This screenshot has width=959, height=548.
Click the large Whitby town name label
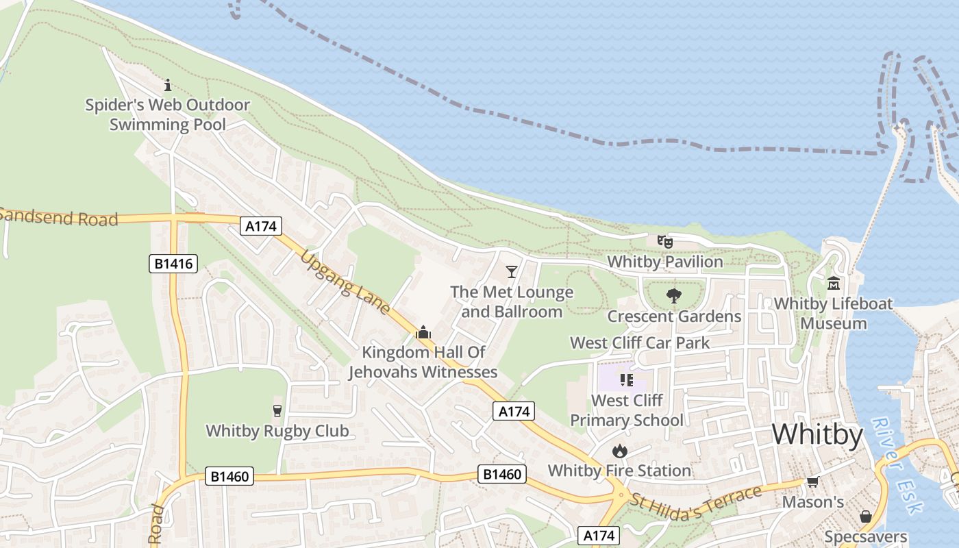pos(817,435)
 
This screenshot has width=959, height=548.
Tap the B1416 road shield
pos(173,263)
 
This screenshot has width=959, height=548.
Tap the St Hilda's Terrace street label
pos(696,503)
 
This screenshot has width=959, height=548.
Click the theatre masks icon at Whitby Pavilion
pos(664,241)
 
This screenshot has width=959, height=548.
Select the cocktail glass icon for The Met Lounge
pos(511,272)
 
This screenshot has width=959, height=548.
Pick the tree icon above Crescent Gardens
pos(674,296)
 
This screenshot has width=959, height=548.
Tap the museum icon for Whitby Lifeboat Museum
pos(834,283)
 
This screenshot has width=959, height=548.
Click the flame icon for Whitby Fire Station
pos(619,451)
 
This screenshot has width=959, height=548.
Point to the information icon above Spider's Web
pos(168,86)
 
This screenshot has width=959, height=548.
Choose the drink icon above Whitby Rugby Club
pos(277,411)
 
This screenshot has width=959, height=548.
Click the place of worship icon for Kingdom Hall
pos(423,333)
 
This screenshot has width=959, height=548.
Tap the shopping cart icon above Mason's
pos(813,482)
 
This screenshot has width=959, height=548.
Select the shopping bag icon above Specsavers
pos(866,516)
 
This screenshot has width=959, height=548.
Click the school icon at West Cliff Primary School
pos(626,379)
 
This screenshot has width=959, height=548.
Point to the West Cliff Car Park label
pos(640,342)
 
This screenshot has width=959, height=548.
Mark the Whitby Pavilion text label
pos(664,262)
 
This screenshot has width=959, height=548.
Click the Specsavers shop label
pos(866,537)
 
